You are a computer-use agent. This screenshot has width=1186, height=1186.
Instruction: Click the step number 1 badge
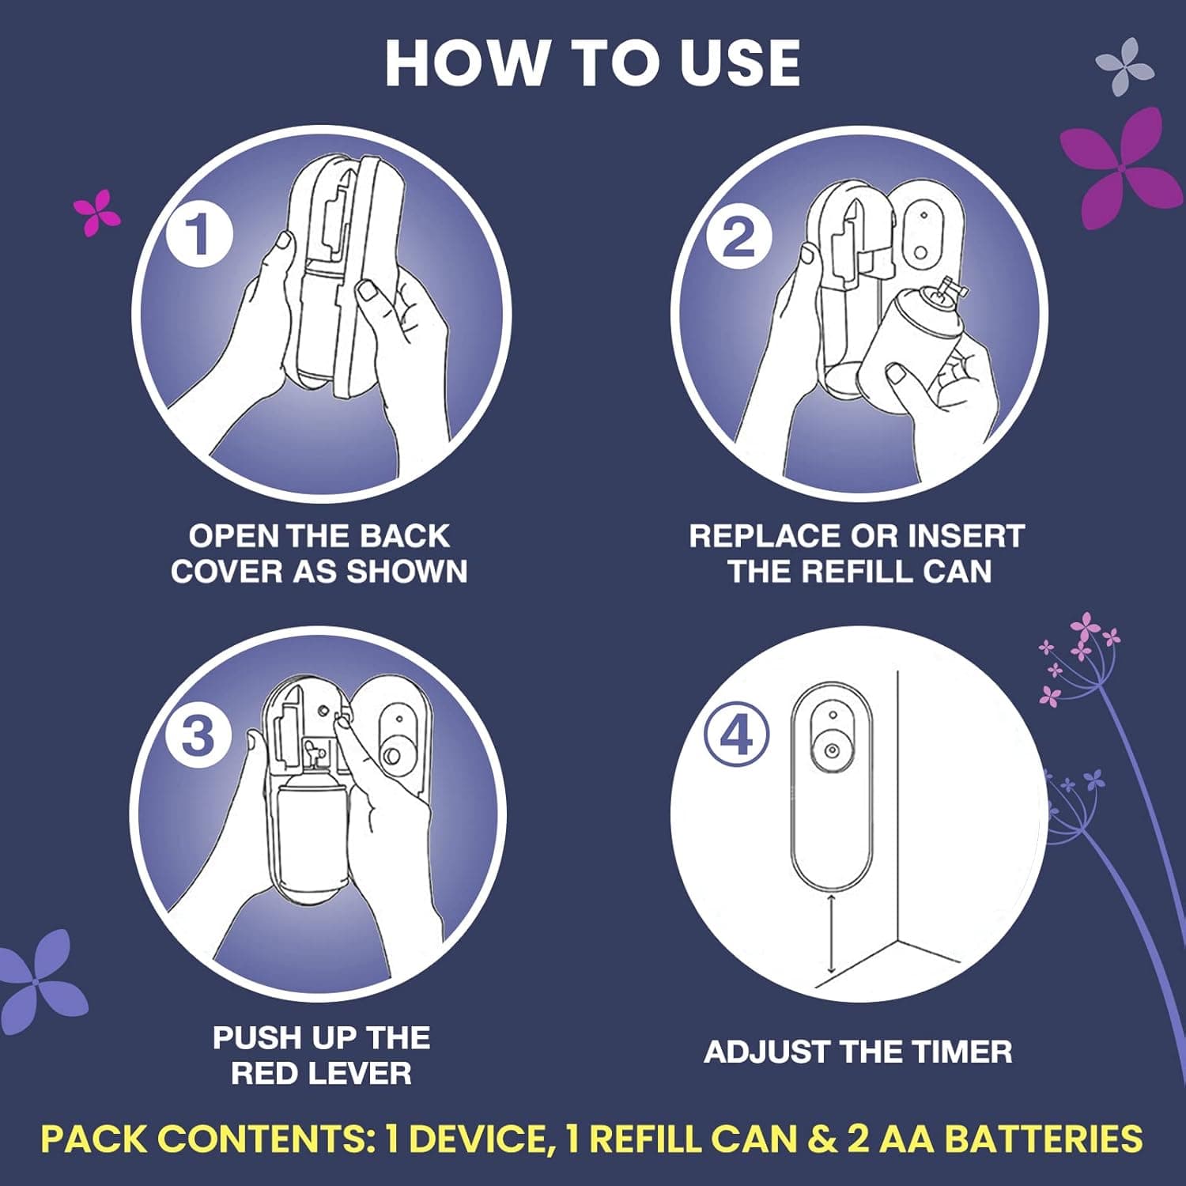(198, 234)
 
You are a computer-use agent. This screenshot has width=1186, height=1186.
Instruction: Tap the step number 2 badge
(738, 236)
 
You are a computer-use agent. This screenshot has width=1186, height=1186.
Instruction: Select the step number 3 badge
(198, 736)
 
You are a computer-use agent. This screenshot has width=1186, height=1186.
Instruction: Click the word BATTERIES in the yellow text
(1044, 1139)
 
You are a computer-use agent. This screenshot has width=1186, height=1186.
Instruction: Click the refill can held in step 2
(909, 340)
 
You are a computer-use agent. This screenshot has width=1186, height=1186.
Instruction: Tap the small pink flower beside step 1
(96, 211)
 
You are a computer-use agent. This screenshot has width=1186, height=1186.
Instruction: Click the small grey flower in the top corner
(1126, 65)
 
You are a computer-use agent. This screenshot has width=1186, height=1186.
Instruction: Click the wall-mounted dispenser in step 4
(831, 783)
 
